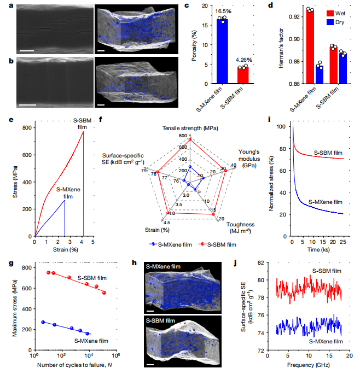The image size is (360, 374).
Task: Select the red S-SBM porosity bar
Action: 242,75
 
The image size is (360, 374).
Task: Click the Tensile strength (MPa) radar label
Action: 190,128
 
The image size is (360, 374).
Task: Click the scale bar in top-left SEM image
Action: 27,51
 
